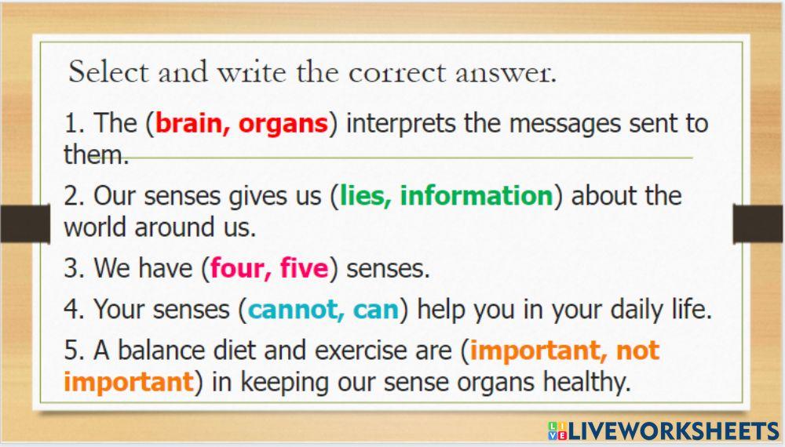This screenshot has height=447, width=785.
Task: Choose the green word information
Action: tap(476, 195)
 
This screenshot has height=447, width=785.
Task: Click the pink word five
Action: tap(304, 269)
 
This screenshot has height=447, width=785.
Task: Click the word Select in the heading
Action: tap(108, 73)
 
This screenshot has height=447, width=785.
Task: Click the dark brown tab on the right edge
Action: tap(758, 223)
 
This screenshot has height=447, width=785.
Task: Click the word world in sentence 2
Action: tap(96, 227)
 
